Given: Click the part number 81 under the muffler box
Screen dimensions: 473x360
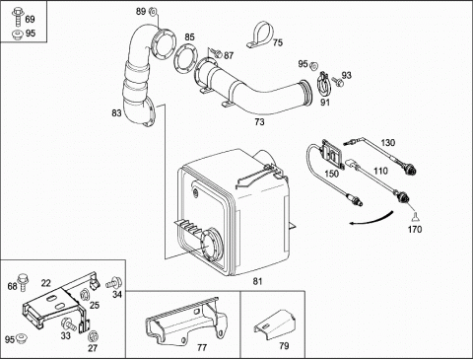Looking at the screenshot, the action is (x=257, y=281).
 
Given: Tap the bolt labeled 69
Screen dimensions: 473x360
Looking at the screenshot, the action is (x=17, y=17).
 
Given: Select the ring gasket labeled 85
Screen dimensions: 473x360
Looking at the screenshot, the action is (x=185, y=60).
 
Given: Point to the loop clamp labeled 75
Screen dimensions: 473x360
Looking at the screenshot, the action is (x=260, y=36).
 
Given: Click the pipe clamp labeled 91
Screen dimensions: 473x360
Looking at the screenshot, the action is (x=323, y=84).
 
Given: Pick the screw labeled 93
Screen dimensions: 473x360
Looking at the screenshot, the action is (x=337, y=82).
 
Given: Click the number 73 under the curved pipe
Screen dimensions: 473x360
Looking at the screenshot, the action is (x=259, y=122).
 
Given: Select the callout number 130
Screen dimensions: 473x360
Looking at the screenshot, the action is (x=388, y=143).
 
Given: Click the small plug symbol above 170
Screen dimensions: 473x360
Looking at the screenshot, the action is (x=415, y=217).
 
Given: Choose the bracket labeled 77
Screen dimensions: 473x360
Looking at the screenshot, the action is (x=186, y=323).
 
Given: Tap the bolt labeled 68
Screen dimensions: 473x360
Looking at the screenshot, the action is (x=23, y=282).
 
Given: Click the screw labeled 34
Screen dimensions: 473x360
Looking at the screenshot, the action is (x=114, y=282).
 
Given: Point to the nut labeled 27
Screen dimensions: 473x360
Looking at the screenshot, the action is (x=93, y=335).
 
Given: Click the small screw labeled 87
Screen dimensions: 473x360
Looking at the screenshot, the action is (x=217, y=52).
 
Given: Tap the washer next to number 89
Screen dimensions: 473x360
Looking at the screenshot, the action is (x=153, y=12).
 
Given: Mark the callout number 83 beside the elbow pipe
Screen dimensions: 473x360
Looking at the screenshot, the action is (x=116, y=113).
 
